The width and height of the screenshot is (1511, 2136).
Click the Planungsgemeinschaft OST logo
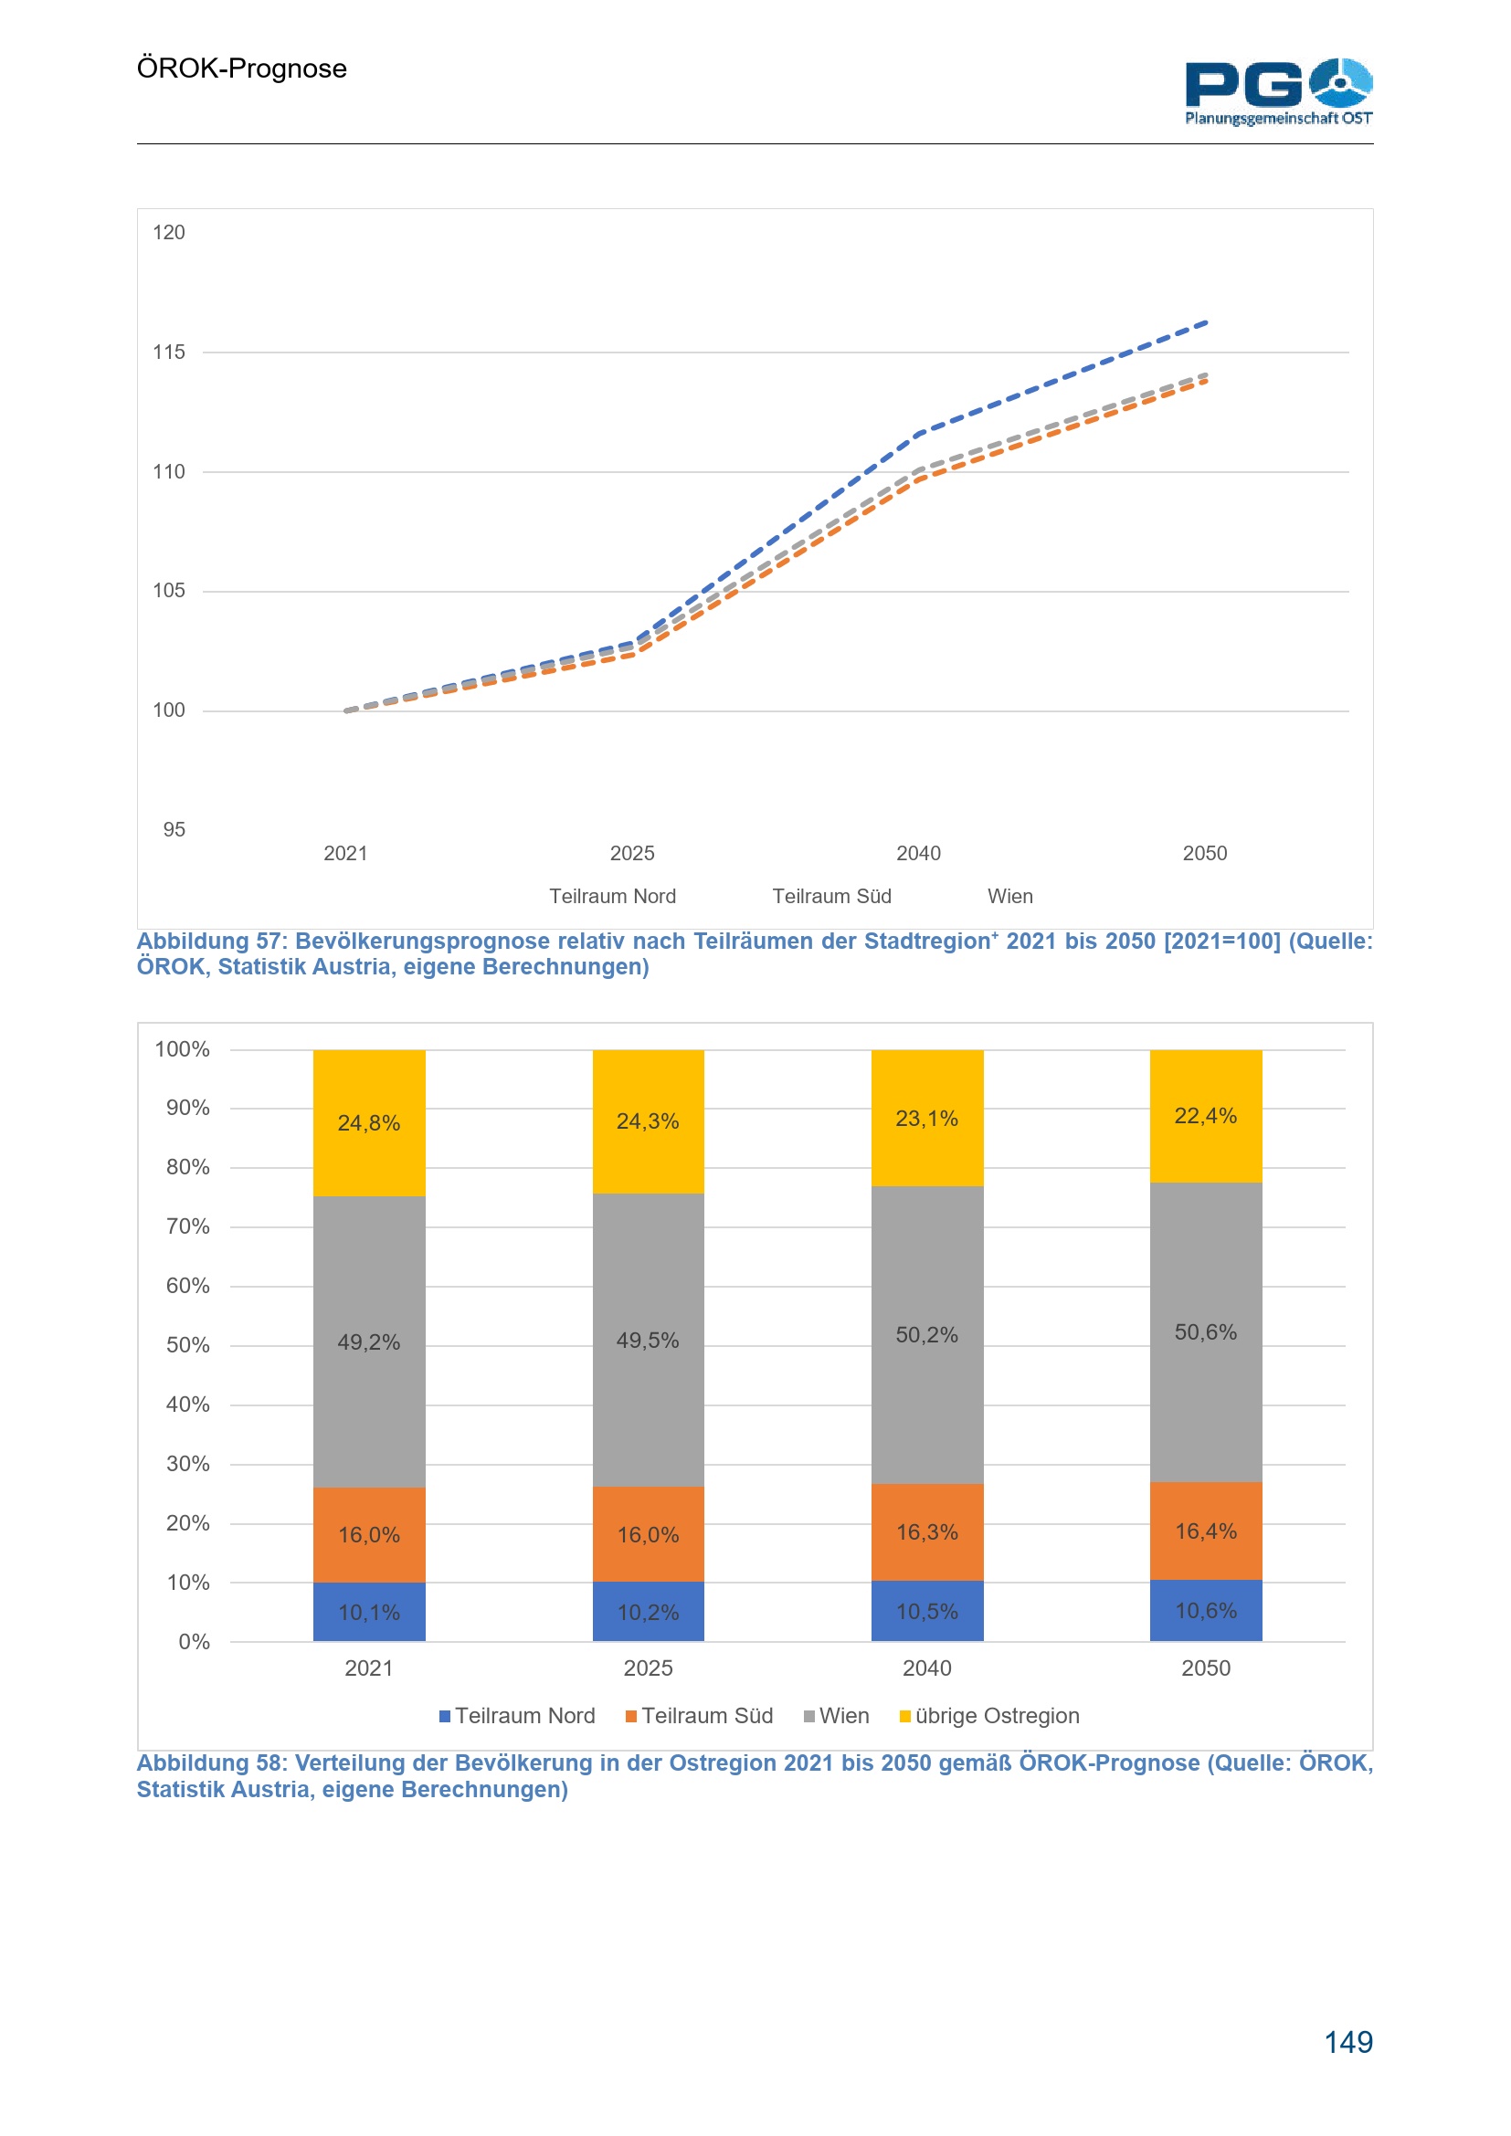[1277, 91]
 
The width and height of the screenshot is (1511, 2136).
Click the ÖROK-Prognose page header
[241, 68]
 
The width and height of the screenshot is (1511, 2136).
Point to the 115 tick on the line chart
[168, 352]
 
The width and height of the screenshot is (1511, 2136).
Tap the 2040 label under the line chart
[917, 853]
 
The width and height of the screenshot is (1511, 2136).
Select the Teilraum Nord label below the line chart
[612, 896]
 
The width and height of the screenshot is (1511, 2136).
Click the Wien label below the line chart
[1009, 896]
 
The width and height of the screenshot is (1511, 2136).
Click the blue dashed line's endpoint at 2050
[1206, 322]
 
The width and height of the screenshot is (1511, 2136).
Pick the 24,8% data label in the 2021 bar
[368, 1123]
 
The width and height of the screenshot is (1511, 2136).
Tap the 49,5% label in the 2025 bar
[648, 1341]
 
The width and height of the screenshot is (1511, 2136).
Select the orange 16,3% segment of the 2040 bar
[926, 1532]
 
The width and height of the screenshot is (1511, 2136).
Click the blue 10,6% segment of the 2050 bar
[1206, 1610]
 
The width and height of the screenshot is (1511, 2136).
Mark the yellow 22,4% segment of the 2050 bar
[1206, 1115]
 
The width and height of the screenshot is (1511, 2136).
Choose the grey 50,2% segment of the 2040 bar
[926, 1335]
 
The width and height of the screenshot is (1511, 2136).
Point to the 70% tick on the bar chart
[187, 1226]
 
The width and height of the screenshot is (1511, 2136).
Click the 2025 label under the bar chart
[648, 1668]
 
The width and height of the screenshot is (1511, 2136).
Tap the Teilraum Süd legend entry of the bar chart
[699, 1716]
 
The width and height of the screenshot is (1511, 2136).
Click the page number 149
[1347, 2042]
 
